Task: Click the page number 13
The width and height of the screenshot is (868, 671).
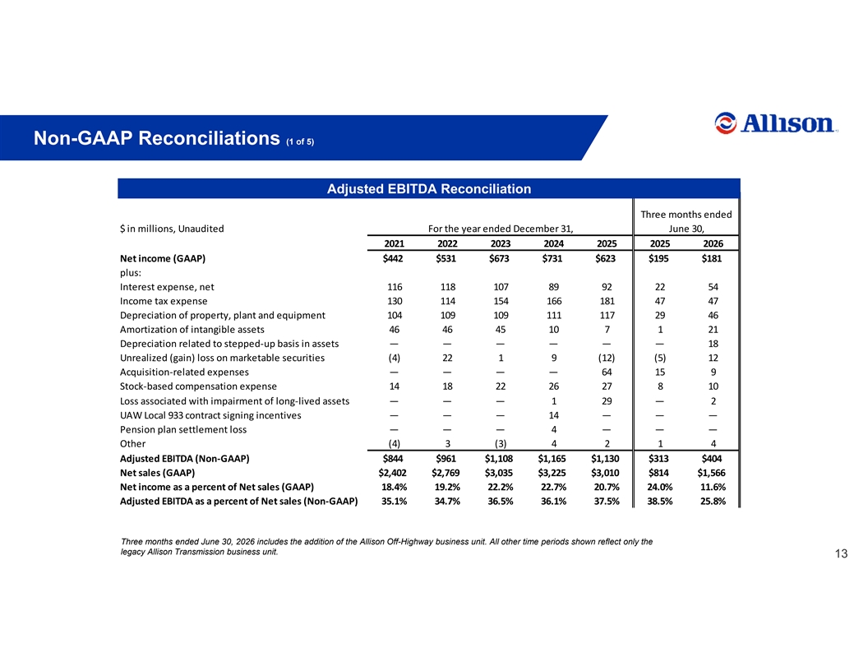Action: coord(841,553)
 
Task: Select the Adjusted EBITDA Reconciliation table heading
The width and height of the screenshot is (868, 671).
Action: coord(429,189)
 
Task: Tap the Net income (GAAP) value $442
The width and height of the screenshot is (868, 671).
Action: coord(393,258)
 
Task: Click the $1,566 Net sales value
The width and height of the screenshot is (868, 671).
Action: coord(711,473)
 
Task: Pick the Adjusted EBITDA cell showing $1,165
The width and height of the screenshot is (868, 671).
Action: coord(553,458)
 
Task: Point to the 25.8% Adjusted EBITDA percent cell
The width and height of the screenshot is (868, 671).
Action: coord(713,502)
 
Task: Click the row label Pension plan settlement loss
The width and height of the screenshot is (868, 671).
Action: coord(183,429)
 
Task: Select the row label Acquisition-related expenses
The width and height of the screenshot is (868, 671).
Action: coord(184,372)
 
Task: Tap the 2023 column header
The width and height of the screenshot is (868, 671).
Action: coord(501,243)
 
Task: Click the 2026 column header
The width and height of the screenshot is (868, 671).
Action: coord(713,243)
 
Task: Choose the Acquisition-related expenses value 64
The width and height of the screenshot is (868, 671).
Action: coord(607,372)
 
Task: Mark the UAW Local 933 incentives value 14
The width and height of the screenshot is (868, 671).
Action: coord(553,415)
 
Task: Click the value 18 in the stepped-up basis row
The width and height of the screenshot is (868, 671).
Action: coord(713,344)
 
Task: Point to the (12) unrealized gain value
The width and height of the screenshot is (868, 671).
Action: coord(606,359)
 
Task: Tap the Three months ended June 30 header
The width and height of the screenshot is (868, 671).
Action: coord(686,221)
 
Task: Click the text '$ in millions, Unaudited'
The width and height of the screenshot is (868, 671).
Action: coord(172,229)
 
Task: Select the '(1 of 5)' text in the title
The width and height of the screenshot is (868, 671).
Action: coord(300,141)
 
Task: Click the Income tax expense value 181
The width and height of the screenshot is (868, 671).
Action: coord(607,301)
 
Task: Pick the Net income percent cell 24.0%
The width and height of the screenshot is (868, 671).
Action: coord(660,487)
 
